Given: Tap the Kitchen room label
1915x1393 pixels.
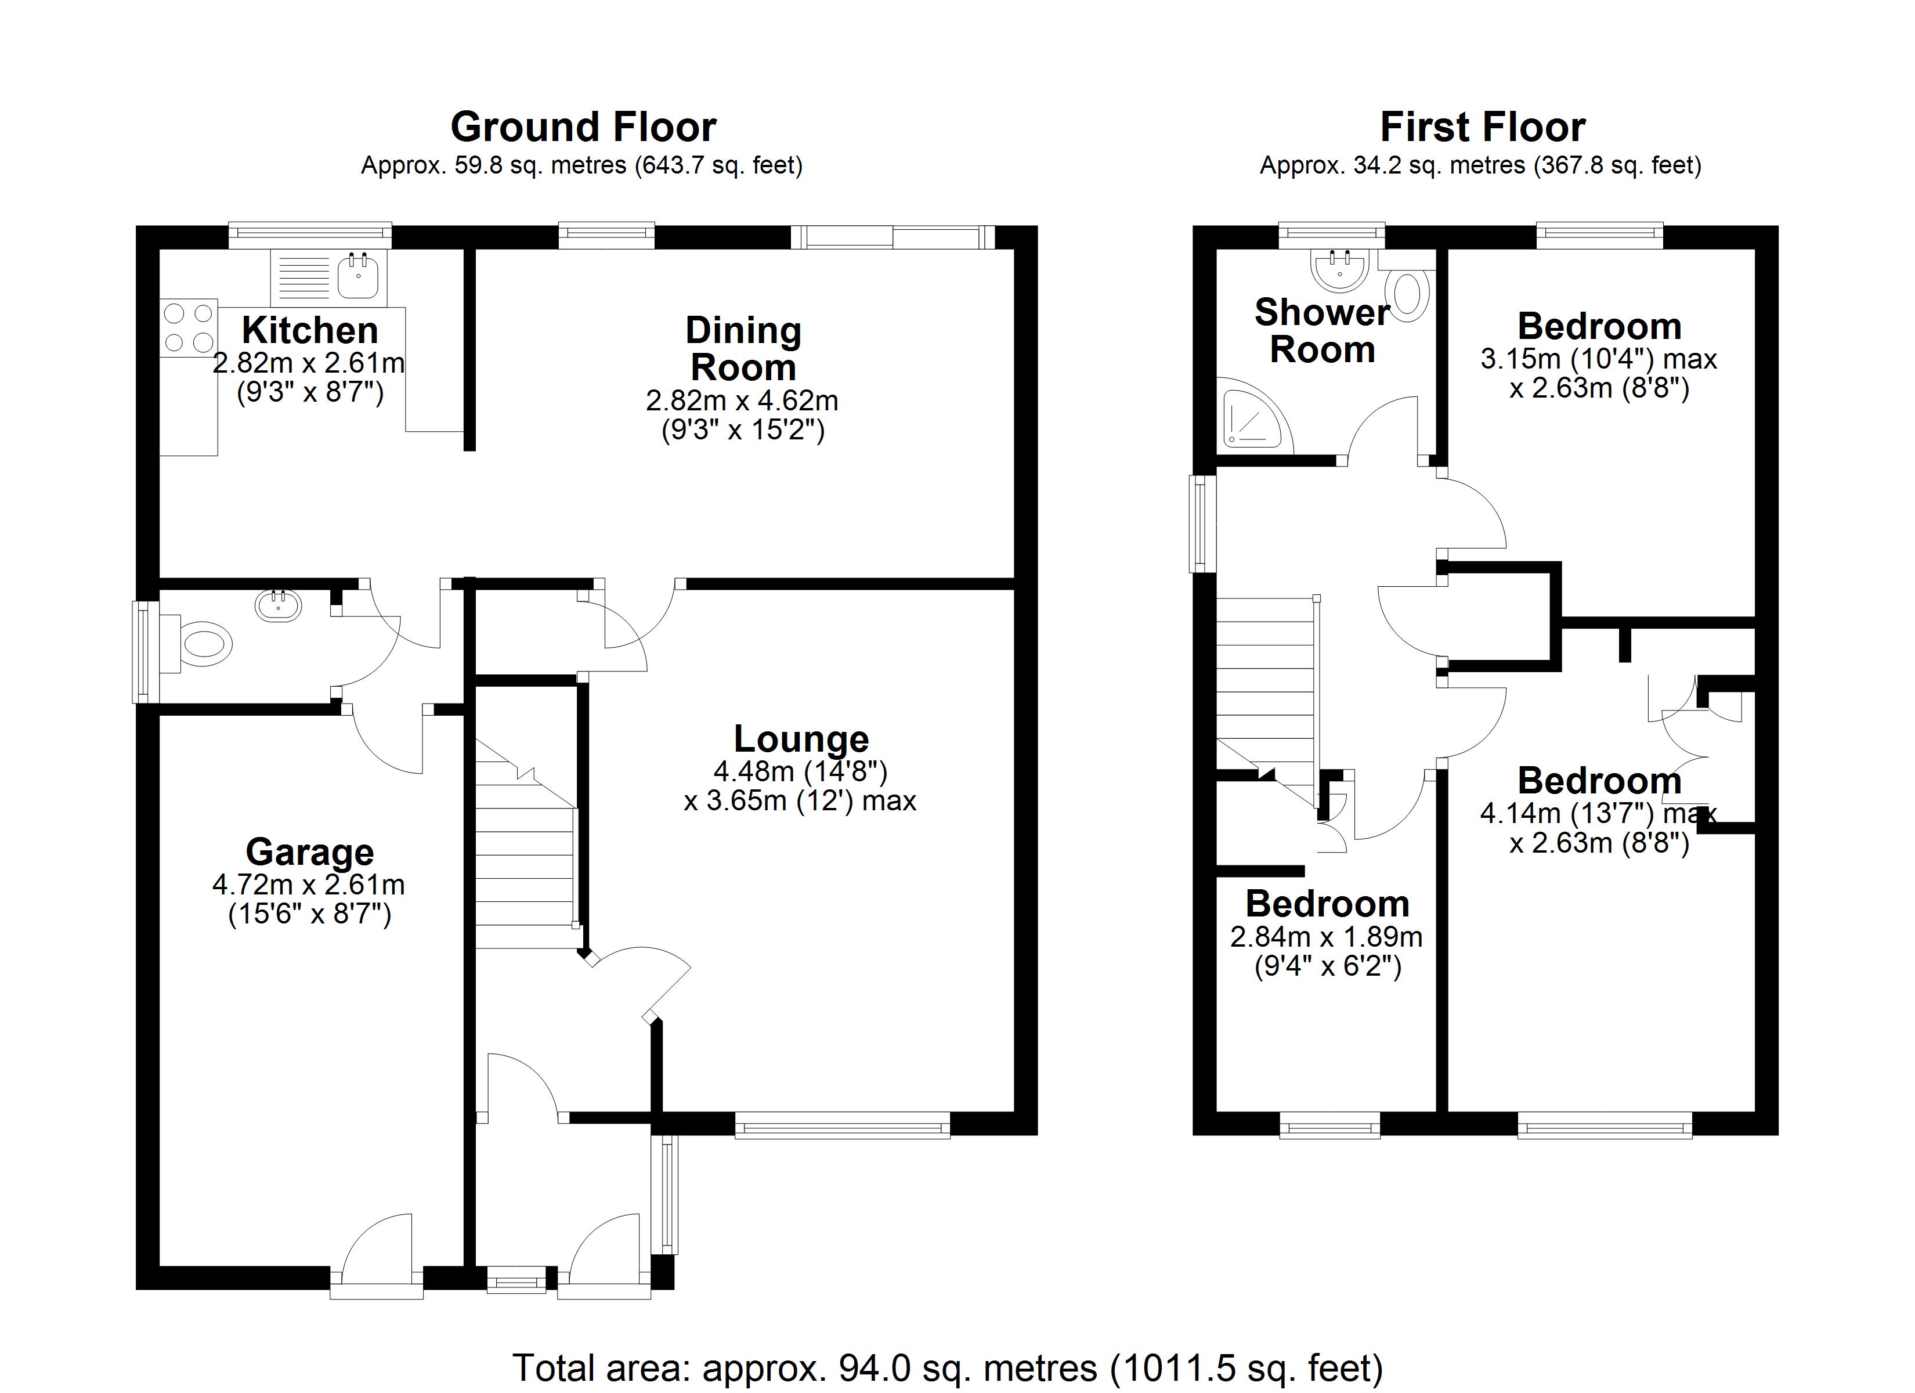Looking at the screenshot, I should (309, 330).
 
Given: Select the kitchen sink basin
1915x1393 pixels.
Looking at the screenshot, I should (359, 275).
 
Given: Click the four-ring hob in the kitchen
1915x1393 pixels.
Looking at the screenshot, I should (188, 328).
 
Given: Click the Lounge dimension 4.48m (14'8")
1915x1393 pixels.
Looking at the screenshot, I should (800, 770).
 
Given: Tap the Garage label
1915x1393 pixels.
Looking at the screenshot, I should (309, 851).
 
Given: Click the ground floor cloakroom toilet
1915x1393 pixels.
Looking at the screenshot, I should (203, 644).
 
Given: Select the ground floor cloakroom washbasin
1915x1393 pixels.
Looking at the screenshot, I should (278, 606).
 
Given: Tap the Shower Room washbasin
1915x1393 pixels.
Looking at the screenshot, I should (1339, 269).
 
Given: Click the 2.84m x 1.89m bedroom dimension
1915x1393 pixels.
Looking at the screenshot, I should (1327, 936).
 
